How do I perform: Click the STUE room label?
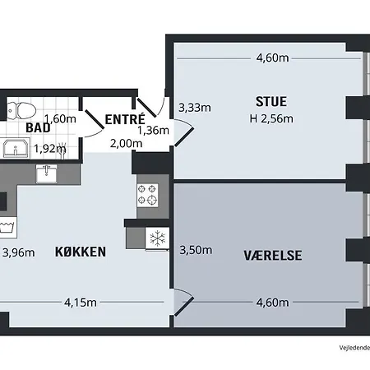[271, 102]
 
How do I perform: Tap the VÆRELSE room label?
[273, 256]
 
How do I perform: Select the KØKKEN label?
[81, 252]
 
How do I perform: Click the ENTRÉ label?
[125, 119]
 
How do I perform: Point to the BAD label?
[38, 128]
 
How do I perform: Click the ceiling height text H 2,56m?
[271, 118]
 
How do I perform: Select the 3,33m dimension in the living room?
[195, 108]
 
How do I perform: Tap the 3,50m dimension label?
[196, 250]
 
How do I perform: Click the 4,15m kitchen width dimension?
[81, 303]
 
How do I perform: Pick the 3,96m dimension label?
[19, 252]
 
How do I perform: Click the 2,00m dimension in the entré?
[126, 143]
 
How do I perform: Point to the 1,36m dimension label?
[153, 131]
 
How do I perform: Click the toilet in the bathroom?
[21, 111]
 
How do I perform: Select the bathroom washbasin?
[16, 148]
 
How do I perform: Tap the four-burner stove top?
[147, 195]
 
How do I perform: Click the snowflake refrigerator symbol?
[157, 238]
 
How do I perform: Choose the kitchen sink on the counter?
[47, 173]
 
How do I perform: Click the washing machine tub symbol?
[7, 228]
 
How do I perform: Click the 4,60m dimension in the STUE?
[272, 58]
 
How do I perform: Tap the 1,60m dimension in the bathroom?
[60, 119]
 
